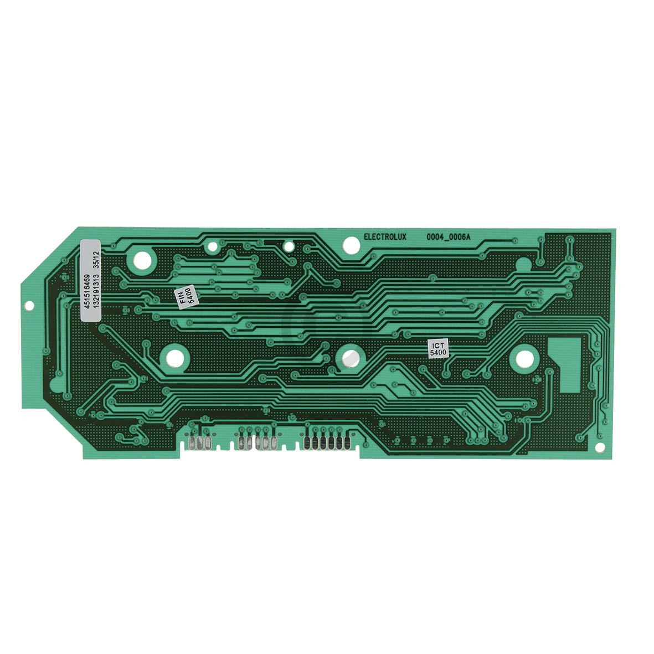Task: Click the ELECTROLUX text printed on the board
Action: coord(385,237)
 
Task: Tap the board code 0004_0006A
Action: coord(448,237)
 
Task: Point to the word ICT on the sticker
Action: coord(439,346)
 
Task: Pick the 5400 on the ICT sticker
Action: coord(439,352)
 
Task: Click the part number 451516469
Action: coord(87,291)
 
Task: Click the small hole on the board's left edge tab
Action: coord(29,306)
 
